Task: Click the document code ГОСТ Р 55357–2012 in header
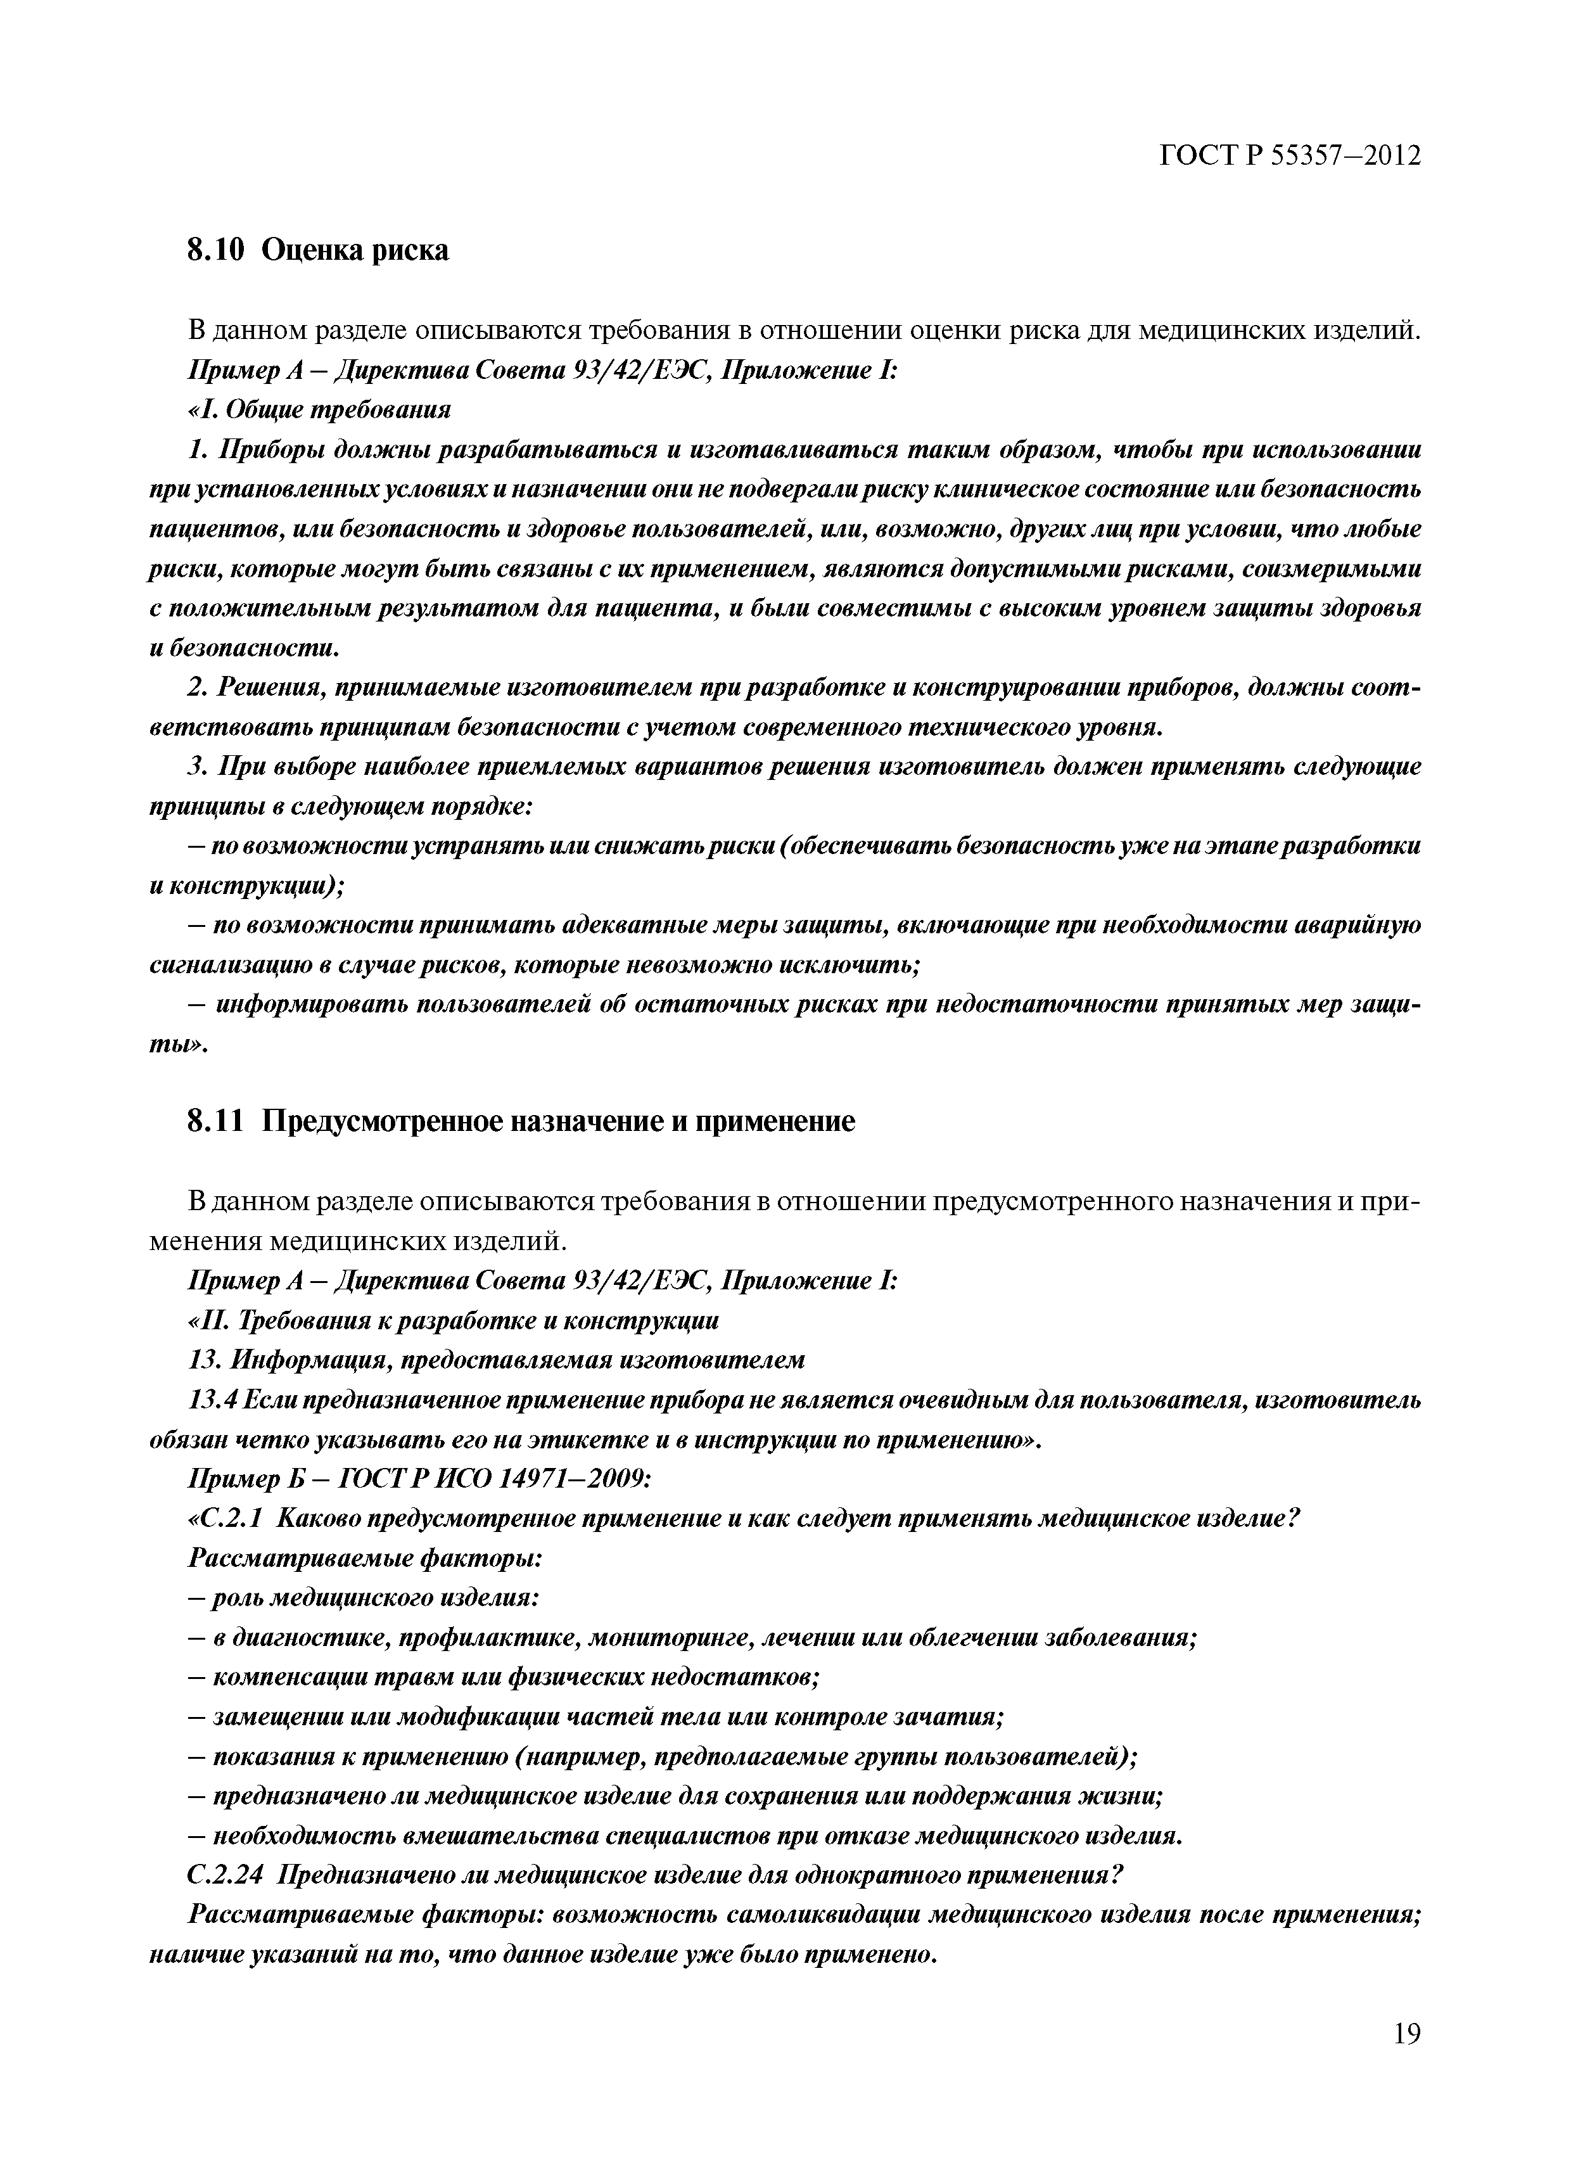click(1288, 156)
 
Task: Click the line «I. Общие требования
click(319, 409)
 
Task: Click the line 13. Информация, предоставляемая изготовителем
click(495, 1360)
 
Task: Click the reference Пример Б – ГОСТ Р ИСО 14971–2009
click(419, 1479)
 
